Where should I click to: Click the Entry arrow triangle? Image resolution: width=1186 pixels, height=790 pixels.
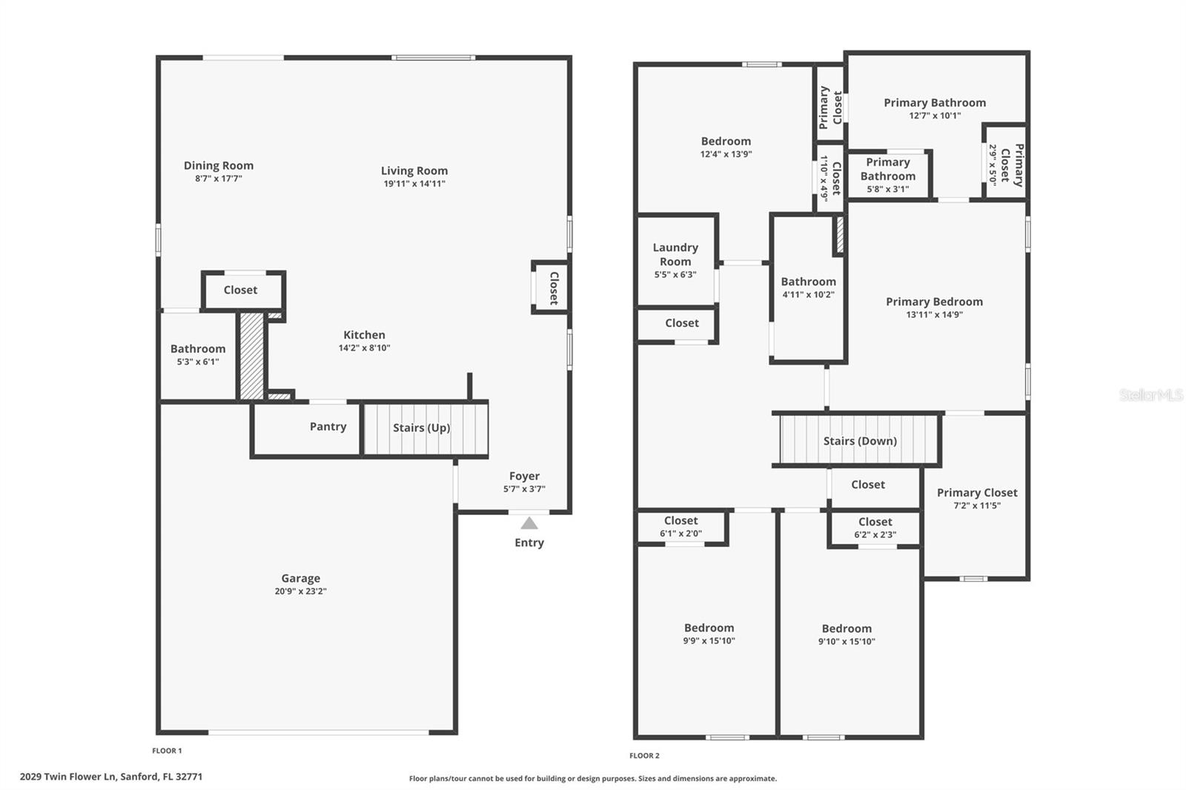point(529,523)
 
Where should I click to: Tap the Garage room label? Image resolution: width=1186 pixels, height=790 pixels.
point(301,578)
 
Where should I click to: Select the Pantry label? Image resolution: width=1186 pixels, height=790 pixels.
point(328,426)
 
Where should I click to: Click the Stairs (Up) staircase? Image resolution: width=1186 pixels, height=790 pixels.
point(425,428)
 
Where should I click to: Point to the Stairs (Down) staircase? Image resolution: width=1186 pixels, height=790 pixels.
point(858,439)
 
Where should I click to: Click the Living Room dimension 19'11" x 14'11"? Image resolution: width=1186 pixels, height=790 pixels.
point(414,184)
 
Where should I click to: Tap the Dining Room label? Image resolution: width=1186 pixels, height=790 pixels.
point(219,166)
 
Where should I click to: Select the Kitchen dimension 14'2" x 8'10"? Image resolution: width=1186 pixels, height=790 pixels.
point(364,348)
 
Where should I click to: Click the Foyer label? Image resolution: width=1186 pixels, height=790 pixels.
point(524,476)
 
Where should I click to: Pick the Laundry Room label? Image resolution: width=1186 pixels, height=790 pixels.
point(675,254)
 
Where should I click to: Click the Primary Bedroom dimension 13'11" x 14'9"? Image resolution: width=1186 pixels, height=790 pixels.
point(935,314)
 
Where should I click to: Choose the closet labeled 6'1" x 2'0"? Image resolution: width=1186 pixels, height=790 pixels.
point(681,527)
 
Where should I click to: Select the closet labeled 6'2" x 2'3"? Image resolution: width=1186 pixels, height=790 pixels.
point(875,528)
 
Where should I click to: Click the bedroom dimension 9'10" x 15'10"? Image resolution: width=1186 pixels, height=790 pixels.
point(847,642)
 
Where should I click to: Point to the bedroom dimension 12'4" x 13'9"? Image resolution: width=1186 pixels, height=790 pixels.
point(726,154)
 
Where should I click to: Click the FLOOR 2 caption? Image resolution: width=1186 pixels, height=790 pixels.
point(644,756)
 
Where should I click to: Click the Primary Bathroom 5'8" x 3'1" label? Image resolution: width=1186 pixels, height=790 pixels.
point(888,175)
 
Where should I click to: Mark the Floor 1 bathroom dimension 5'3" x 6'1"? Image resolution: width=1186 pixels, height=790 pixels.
point(198,362)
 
